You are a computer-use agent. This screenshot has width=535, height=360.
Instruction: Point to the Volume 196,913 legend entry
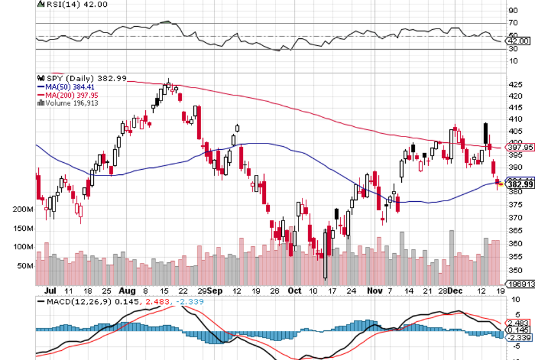(x=71, y=103)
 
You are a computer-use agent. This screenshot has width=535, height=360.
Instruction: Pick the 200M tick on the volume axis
(x=23, y=210)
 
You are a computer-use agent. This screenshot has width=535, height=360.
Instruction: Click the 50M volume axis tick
(x=25, y=266)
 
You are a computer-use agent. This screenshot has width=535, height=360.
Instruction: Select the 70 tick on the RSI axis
(x=513, y=23)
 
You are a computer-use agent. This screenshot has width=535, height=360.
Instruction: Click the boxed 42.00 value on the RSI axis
(x=519, y=41)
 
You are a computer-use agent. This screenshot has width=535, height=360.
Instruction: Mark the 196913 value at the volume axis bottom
(x=522, y=284)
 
